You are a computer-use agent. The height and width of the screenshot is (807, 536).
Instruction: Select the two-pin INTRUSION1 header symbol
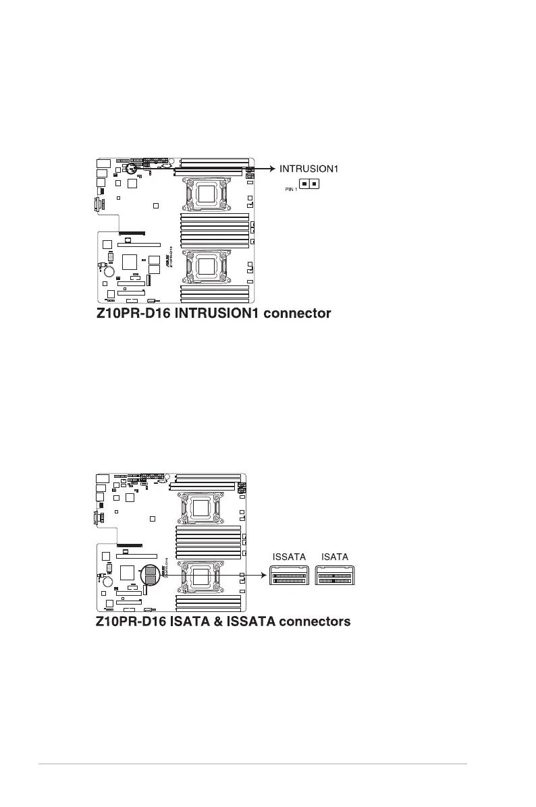(x=309, y=184)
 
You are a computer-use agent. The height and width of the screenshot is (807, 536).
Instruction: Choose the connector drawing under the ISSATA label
(x=290, y=576)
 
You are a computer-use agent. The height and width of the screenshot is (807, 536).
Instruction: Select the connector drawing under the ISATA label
(x=336, y=576)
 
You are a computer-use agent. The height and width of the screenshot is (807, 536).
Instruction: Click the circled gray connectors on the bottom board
(x=151, y=576)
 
